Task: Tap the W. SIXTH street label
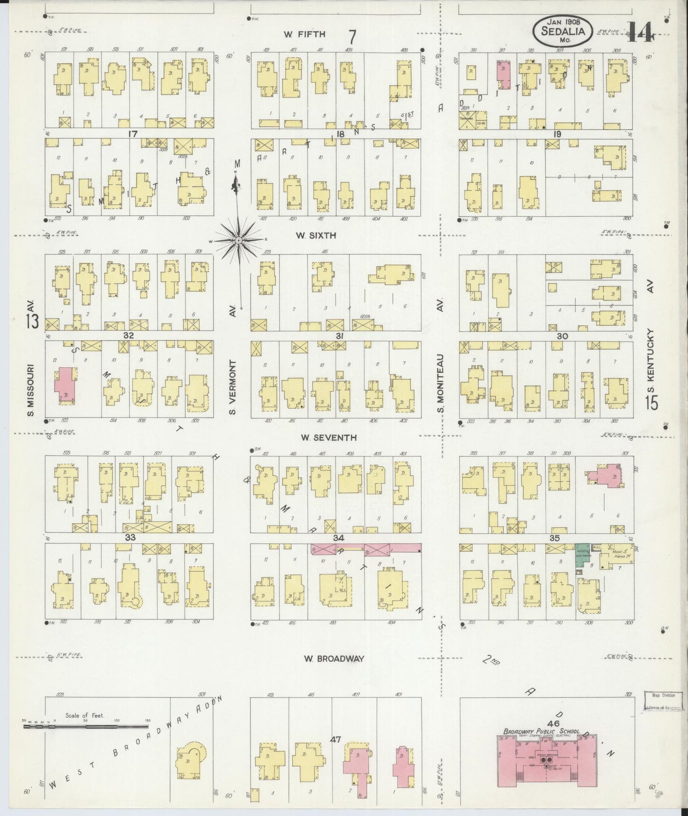coord(316,235)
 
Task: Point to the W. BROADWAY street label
coord(334,659)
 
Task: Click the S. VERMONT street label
coord(233,387)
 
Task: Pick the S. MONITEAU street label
coord(441,383)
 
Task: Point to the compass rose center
coord(238,241)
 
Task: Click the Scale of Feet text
coord(85,715)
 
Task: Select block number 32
coord(129,335)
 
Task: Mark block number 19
coord(557,134)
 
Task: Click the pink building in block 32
coord(64,385)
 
